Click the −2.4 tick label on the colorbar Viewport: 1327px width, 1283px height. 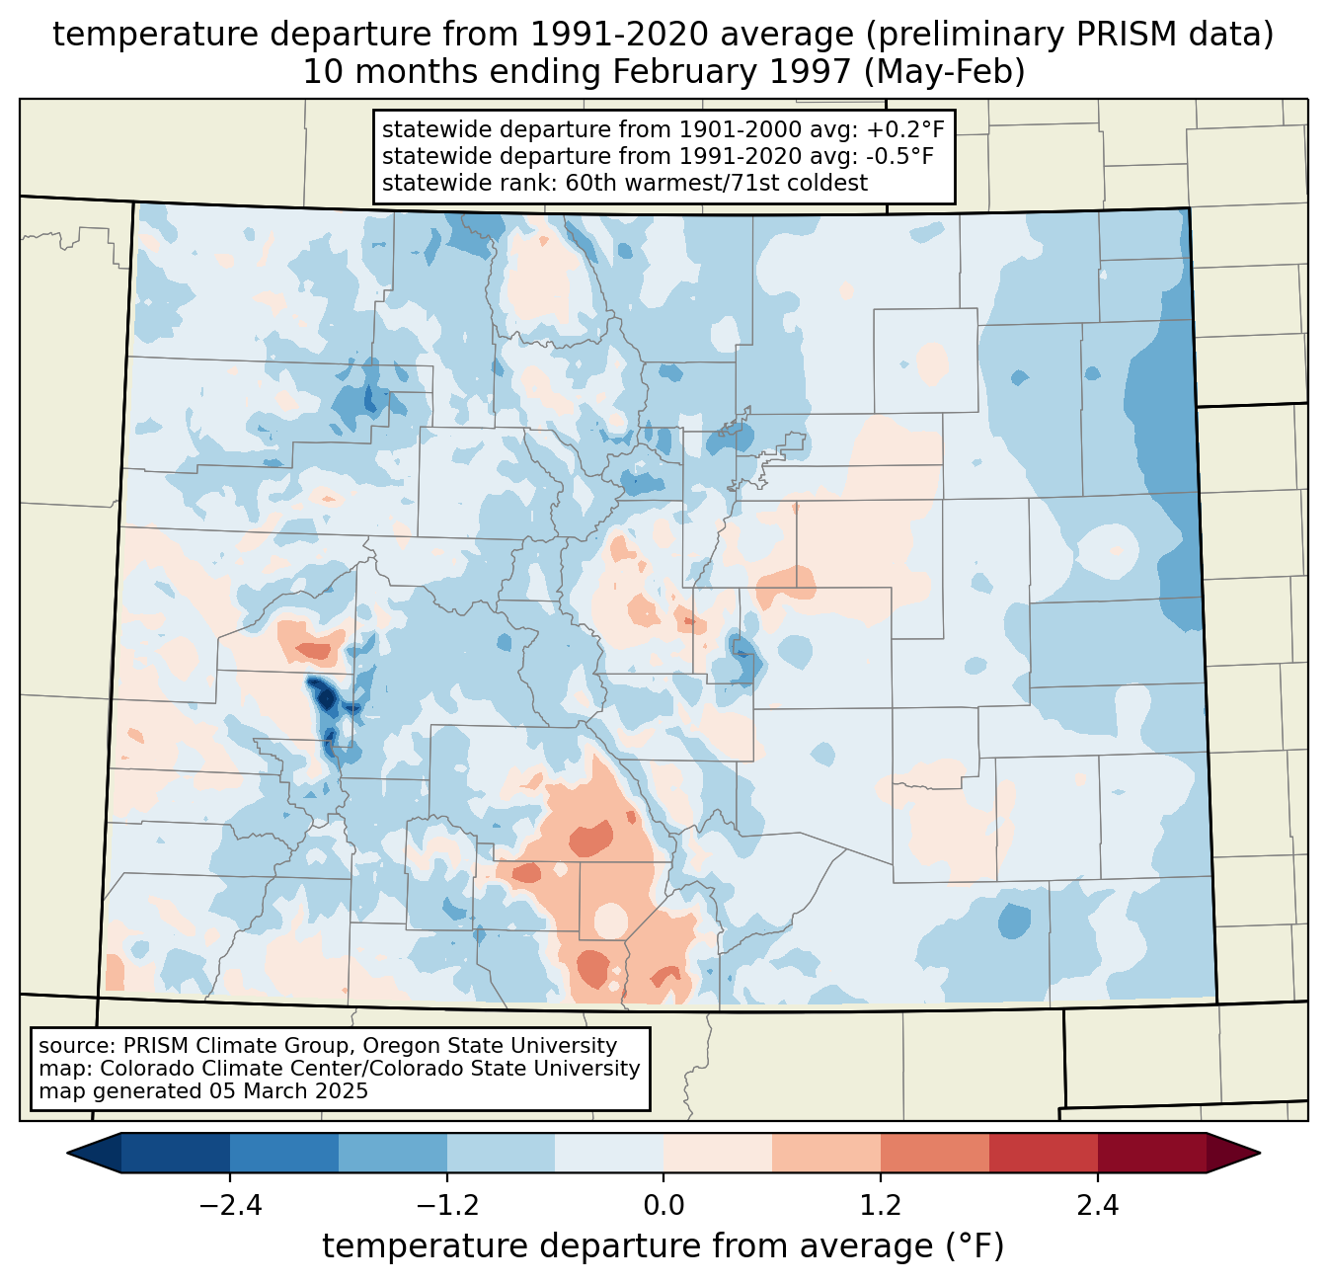point(230,1206)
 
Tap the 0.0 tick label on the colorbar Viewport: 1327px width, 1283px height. point(663,1206)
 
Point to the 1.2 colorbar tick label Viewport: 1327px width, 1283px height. point(881,1206)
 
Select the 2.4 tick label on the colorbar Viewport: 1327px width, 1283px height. point(1097,1206)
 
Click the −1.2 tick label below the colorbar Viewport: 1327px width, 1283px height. point(447,1206)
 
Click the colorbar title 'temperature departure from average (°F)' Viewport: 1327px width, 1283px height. point(663,1246)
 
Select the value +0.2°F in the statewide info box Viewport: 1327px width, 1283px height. point(902,129)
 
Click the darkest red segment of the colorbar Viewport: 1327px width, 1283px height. point(1151,1153)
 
